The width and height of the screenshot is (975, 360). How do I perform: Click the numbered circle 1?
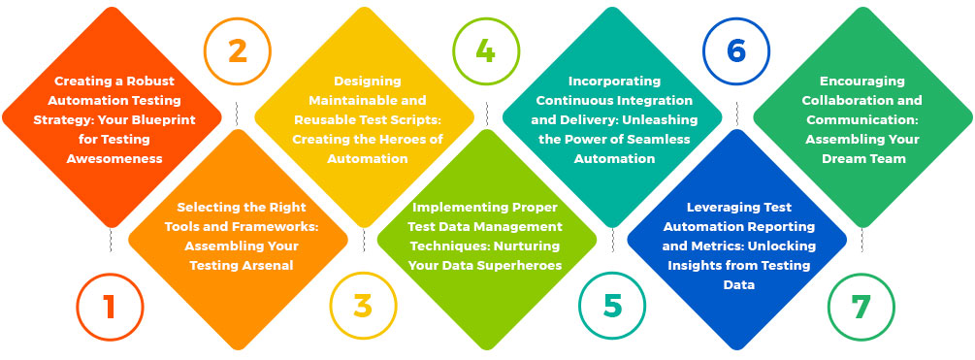click(110, 307)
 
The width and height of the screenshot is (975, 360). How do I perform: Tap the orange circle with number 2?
click(237, 51)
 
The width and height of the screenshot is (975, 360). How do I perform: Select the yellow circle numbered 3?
click(362, 307)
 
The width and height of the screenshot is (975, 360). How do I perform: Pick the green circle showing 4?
click(486, 51)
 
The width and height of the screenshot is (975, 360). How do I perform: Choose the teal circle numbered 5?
click(612, 307)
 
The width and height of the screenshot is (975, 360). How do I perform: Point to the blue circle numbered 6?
click(736, 51)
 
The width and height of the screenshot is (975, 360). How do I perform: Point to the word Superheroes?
click(520, 264)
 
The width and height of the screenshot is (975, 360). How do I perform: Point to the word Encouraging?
click(862, 82)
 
